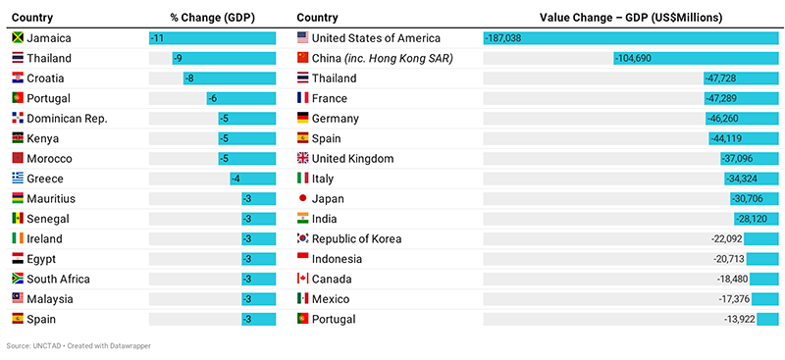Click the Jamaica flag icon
tap(18, 37)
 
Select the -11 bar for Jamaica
tap(212, 37)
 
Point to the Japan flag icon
tap(303, 198)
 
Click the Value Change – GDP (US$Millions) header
tap(631, 17)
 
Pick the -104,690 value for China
tap(638, 58)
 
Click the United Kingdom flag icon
tap(303, 158)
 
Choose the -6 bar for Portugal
tap(240, 98)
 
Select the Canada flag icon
tap(303, 279)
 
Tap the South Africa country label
tap(59, 279)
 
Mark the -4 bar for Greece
tap(252, 179)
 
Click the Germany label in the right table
tap(335, 118)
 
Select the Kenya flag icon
tap(18, 138)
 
